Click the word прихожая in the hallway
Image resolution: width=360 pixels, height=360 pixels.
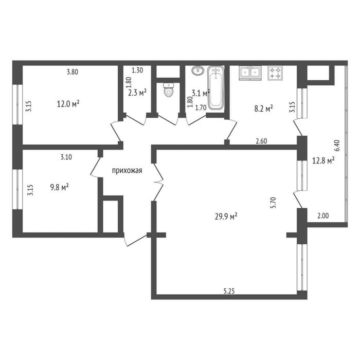click(x=127, y=171)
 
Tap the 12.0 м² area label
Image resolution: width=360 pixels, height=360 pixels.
click(x=68, y=104)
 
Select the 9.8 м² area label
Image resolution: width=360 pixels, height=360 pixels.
click(x=60, y=187)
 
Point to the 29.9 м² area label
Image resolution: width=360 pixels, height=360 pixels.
click(x=226, y=216)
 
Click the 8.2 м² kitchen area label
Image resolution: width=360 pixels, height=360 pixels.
click(x=263, y=108)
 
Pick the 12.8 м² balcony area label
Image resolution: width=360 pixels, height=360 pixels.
click(x=323, y=160)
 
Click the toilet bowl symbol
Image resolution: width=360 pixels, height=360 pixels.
click(x=169, y=90)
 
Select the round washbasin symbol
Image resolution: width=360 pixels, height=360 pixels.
click(x=197, y=70)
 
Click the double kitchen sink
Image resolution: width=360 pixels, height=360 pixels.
click(x=250, y=73)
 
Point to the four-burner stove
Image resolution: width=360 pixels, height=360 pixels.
click(x=275, y=73)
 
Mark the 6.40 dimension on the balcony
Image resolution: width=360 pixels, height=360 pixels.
click(x=337, y=146)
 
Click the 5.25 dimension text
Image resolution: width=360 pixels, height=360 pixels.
click(x=229, y=291)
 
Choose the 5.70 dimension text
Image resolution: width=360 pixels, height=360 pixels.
click(x=273, y=203)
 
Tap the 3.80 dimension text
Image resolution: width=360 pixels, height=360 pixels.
click(x=73, y=72)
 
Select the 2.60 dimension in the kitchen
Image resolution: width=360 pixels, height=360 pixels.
click(x=261, y=141)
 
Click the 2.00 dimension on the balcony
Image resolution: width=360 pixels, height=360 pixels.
click(x=323, y=215)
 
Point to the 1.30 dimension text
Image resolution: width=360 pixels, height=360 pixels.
click(x=137, y=70)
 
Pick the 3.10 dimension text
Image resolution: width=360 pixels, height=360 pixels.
click(x=66, y=157)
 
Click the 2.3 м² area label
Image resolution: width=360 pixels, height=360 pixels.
click(x=137, y=93)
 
